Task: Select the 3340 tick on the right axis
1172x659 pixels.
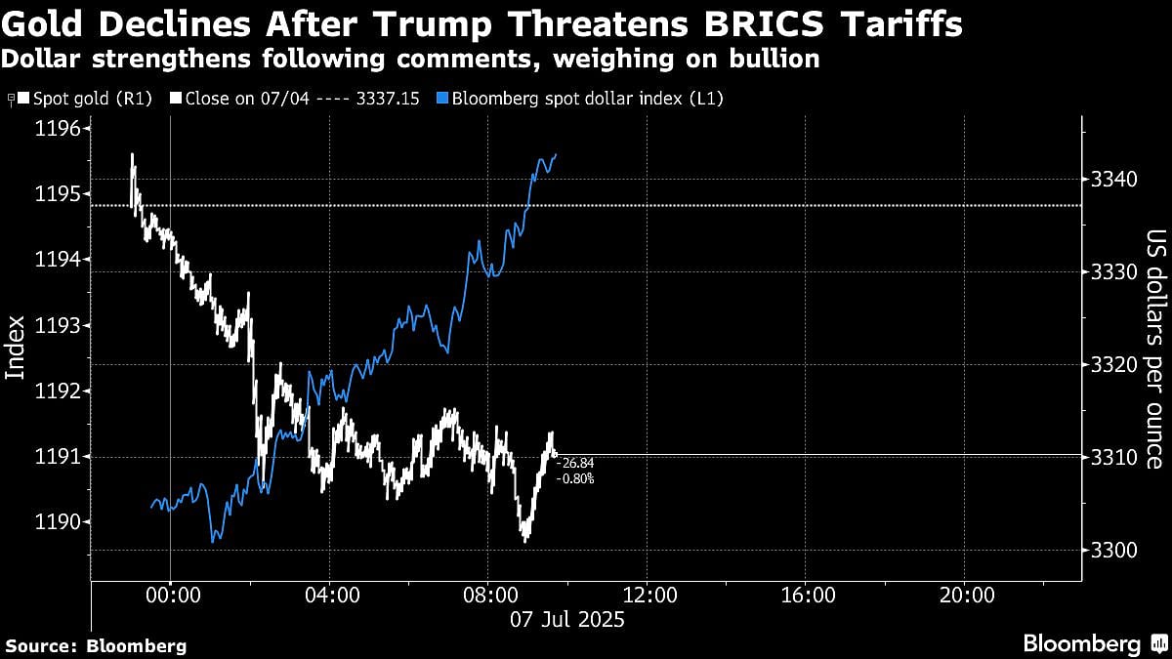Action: (1109, 180)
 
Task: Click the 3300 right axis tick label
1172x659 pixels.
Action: (1109, 551)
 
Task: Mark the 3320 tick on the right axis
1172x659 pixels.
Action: (1109, 365)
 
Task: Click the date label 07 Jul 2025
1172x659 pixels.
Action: (568, 619)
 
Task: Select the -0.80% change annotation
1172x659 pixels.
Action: (575, 478)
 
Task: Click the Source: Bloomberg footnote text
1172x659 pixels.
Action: (96, 645)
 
